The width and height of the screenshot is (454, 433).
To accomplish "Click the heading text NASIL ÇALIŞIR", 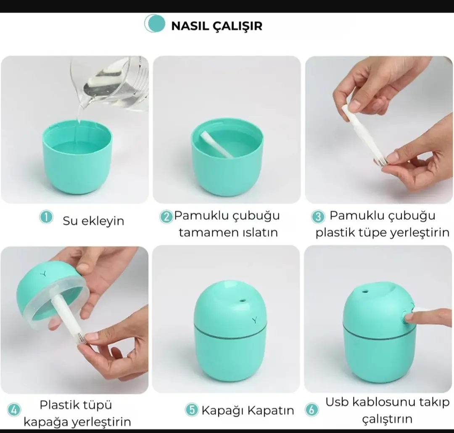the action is [216, 26].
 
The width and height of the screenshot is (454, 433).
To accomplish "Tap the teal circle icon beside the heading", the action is [155, 24].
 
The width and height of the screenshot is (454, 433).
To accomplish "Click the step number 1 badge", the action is [46, 217].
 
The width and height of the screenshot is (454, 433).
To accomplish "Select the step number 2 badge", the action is [166, 217].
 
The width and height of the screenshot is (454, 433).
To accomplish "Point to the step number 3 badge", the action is [318, 216].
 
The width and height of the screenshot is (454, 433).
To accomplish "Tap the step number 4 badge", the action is [14, 410].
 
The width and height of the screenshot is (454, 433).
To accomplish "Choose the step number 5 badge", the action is [192, 410].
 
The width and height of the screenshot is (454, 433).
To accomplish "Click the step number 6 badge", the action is [311, 410].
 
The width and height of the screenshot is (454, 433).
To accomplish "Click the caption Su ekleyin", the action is [93, 221].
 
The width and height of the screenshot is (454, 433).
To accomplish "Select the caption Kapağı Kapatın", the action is [248, 411].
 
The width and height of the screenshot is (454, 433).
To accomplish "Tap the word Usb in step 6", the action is [337, 402].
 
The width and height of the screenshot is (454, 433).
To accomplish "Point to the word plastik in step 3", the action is [334, 232].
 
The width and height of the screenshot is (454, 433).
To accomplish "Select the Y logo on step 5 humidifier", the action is [254, 320].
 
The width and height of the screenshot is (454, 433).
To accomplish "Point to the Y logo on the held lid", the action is [44, 273].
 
